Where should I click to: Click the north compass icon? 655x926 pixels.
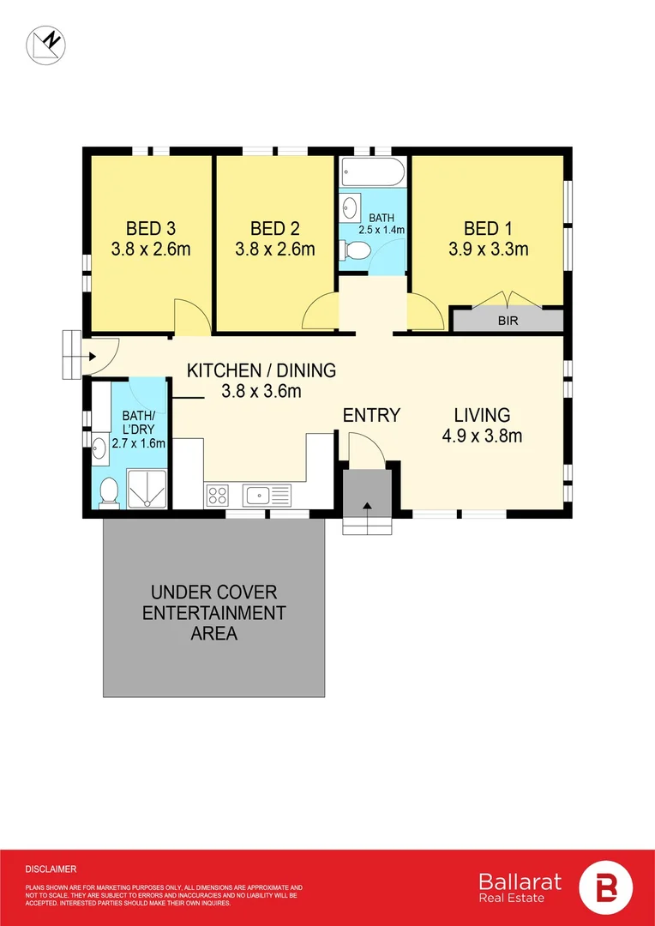pyautogui.click(x=45, y=45)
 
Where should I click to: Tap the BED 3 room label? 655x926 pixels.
pyautogui.click(x=151, y=228)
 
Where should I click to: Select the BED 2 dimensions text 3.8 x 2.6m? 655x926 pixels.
pyautogui.click(x=274, y=250)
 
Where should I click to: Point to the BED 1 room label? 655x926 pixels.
pyautogui.click(x=489, y=228)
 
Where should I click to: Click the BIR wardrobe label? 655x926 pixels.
pyautogui.click(x=507, y=322)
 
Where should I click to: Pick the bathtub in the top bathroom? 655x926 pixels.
pyautogui.click(x=373, y=172)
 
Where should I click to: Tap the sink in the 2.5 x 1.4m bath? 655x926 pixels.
pyautogui.click(x=349, y=207)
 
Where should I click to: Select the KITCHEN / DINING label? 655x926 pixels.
pyautogui.click(x=261, y=371)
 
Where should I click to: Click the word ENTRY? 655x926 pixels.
pyautogui.click(x=371, y=415)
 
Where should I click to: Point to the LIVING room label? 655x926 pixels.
pyautogui.click(x=482, y=415)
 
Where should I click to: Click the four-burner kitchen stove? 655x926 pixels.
pyautogui.click(x=217, y=495)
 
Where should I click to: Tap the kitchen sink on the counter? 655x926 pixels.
pyautogui.click(x=268, y=495)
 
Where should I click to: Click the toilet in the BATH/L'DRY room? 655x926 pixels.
pyautogui.click(x=109, y=493)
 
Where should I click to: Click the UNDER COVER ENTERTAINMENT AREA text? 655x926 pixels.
pyautogui.click(x=213, y=612)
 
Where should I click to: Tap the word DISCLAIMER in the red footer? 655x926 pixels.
pyautogui.click(x=51, y=869)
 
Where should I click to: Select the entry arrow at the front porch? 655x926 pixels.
pyautogui.click(x=368, y=506)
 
